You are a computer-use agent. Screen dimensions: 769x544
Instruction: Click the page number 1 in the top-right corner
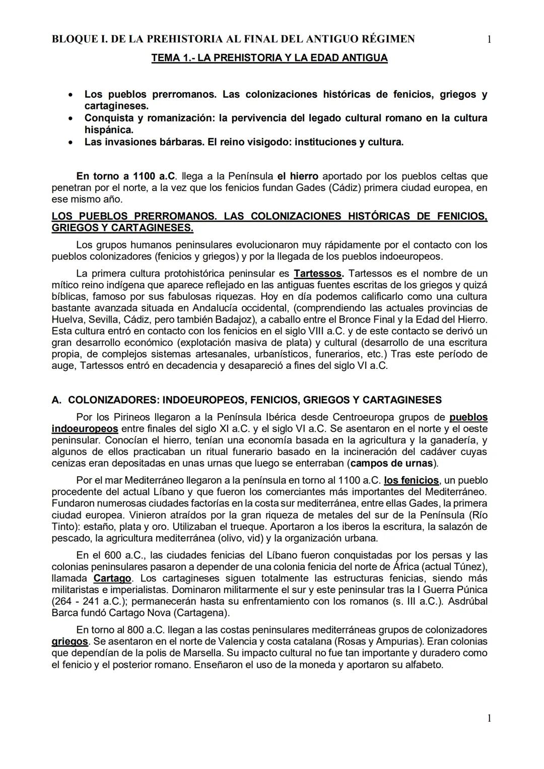[x=489, y=39]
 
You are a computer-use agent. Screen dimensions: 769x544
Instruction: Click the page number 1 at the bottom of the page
[x=489, y=719]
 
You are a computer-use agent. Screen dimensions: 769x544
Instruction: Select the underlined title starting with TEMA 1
[x=269, y=58]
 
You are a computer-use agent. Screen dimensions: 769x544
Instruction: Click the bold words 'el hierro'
[x=298, y=176]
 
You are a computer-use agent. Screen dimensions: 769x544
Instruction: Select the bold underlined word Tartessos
[x=318, y=274]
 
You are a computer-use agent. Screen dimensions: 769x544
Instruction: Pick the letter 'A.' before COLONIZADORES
[x=56, y=400]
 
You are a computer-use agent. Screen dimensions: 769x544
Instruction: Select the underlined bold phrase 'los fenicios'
[x=411, y=480]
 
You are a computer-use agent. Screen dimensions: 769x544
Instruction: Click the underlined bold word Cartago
[x=112, y=579]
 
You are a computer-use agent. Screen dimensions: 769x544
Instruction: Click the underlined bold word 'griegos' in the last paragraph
[x=70, y=642]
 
